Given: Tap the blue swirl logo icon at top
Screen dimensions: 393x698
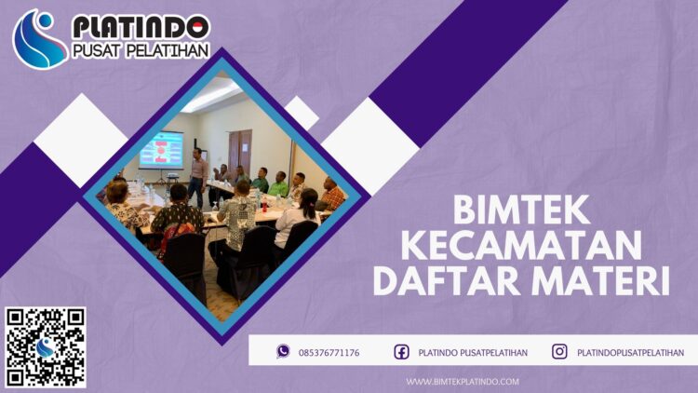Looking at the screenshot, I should click(x=40, y=38).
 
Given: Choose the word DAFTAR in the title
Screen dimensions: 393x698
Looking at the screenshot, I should click(x=450, y=280).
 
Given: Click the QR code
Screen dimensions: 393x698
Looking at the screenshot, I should click(x=45, y=346).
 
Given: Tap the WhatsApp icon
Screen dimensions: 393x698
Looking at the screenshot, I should click(x=283, y=351).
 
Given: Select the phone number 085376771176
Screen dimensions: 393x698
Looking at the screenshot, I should click(x=329, y=352).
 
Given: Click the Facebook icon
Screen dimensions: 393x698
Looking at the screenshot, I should click(x=401, y=351).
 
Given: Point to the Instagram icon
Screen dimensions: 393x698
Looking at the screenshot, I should click(x=559, y=351).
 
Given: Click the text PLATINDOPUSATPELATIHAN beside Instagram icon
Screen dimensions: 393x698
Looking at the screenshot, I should click(x=630, y=352).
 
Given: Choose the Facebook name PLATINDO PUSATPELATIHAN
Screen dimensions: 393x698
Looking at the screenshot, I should click(x=473, y=352).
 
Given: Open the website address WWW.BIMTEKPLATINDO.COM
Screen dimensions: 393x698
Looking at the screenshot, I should click(x=463, y=381).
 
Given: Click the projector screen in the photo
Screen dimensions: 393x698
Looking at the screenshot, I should click(x=160, y=149).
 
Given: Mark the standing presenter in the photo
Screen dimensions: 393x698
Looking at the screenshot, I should click(x=198, y=176).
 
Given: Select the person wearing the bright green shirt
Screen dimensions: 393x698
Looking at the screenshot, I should click(x=278, y=185).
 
